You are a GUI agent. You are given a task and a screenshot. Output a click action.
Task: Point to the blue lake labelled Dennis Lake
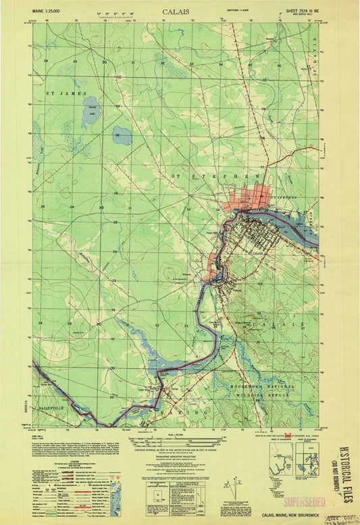(x=89, y=107)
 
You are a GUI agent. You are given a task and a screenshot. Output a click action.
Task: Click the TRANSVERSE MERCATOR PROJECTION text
(x=178, y=455)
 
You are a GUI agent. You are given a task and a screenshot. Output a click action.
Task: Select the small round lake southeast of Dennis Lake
(x=122, y=135)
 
